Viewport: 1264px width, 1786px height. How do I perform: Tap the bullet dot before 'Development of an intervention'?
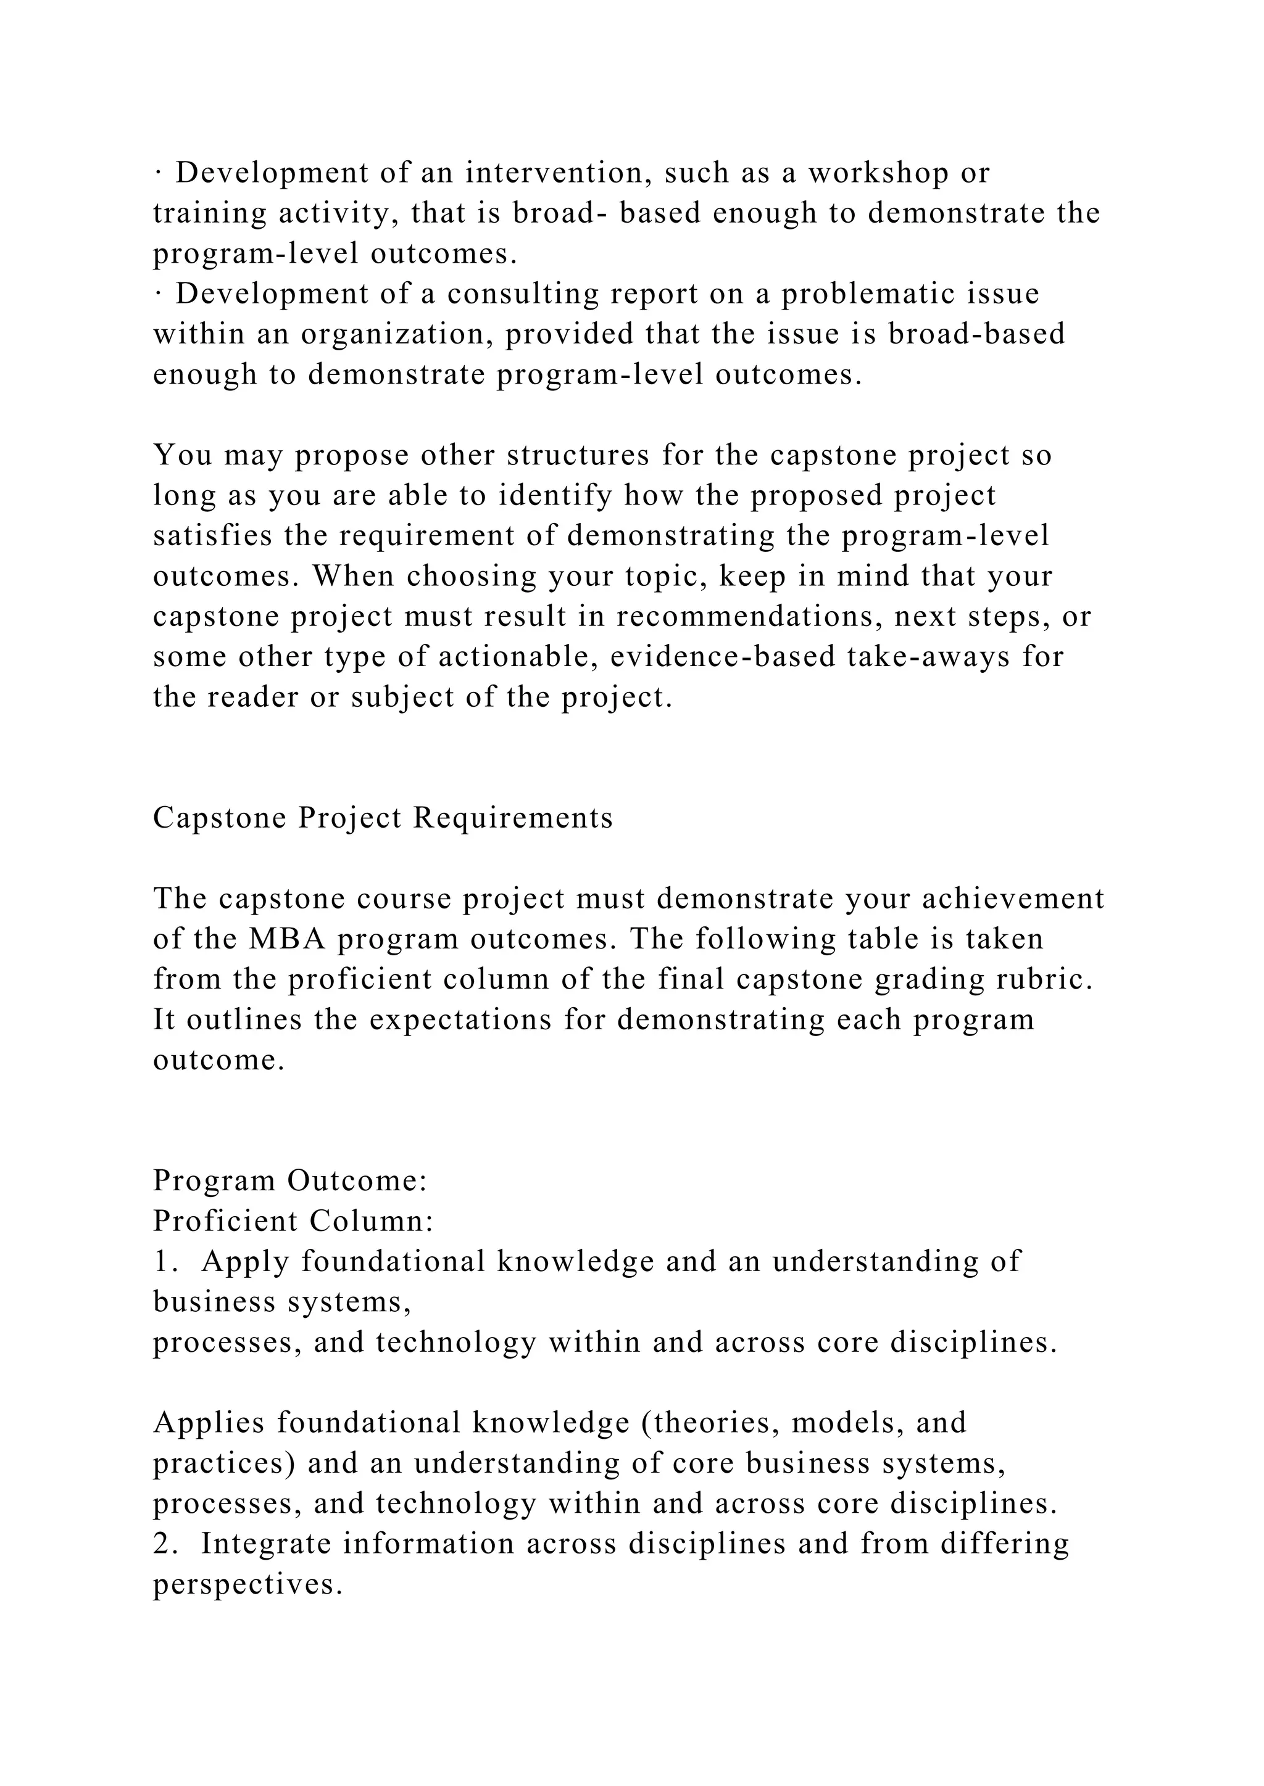[157, 173]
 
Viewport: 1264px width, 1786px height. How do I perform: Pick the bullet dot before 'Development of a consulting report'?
[157, 294]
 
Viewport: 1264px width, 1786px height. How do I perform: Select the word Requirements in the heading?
[513, 818]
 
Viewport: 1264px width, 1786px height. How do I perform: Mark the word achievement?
[1013, 899]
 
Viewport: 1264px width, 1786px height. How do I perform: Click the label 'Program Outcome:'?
[290, 1181]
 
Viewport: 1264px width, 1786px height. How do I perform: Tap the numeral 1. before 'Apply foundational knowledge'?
[165, 1261]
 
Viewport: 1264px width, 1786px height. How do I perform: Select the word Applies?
[209, 1423]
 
